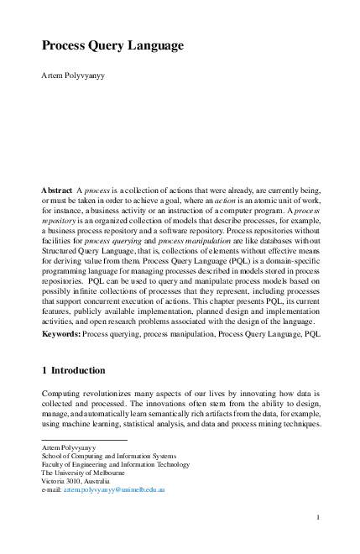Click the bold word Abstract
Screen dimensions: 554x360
point(57,191)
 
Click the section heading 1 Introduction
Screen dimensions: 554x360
point(74,370)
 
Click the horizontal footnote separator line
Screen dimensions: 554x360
point(84,441)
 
